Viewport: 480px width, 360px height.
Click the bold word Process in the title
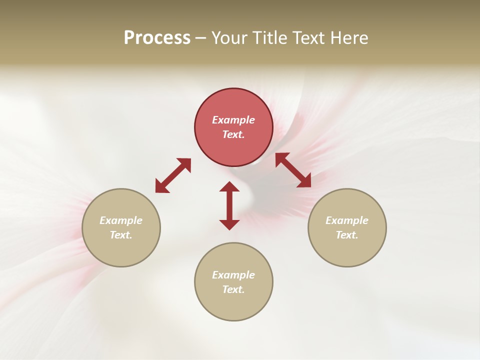point(157,38)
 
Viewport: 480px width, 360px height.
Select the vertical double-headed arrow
point(229,205)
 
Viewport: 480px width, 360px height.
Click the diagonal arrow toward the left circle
point(173,175)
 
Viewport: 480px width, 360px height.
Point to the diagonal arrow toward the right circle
point(293,170)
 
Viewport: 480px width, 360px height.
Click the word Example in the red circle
point(233,120)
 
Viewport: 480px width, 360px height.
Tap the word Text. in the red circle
point(233,134)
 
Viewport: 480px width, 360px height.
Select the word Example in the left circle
point(121,220)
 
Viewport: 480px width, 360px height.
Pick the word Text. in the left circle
point(121,235)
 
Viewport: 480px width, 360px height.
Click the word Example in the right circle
point(347,220)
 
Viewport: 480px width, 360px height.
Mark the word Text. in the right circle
point(347,235)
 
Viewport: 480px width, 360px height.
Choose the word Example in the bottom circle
point(233,275)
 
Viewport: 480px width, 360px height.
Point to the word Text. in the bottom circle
point(233,289)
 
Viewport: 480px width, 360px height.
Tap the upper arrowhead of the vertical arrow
point(229,187)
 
